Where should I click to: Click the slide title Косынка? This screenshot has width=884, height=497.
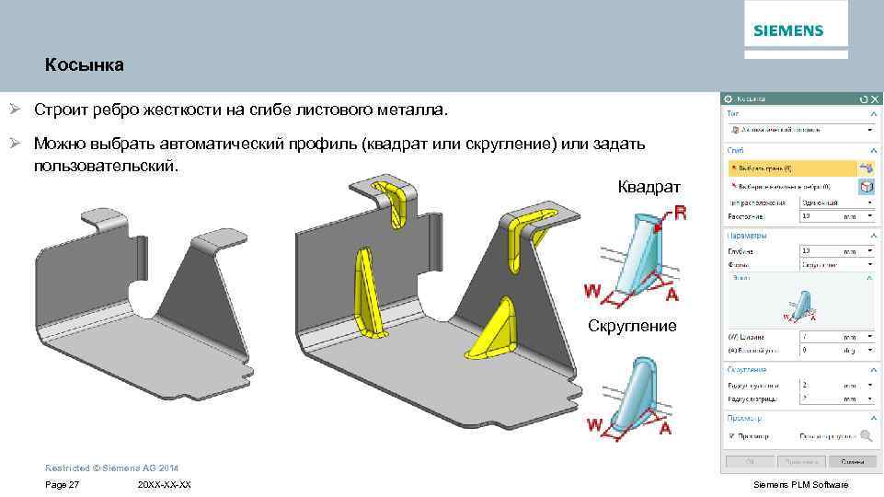click(84, 66)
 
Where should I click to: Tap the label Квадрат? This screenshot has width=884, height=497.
click(649, 187)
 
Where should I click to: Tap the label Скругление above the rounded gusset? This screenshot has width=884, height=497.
click(633, 326)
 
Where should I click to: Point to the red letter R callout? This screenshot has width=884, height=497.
click(680, 214)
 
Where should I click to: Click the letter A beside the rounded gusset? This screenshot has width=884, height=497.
click(664, 428)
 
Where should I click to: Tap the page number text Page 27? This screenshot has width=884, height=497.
click(62, 485)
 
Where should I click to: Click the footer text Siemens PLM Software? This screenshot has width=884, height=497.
click(800, 485)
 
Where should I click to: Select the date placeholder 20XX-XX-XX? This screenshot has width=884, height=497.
click(164, 485)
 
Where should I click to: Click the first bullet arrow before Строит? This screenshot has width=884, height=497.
click(15, 110)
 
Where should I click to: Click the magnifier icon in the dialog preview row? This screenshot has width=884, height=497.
click(866, 436)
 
